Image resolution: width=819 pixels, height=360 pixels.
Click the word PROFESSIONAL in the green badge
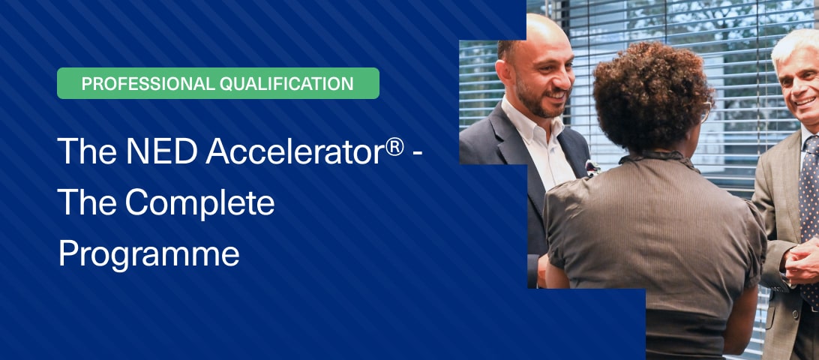click(x=148, y=83)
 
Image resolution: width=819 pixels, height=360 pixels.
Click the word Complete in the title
click(x=199, y=203)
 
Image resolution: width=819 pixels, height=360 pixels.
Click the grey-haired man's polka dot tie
click(x=809, y=220)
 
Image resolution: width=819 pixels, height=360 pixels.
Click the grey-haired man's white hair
click(x=791, y=47)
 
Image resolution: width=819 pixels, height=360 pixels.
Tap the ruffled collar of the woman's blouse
click(x=659, y=158)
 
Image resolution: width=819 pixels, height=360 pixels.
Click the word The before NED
click(x=88, y=151)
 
